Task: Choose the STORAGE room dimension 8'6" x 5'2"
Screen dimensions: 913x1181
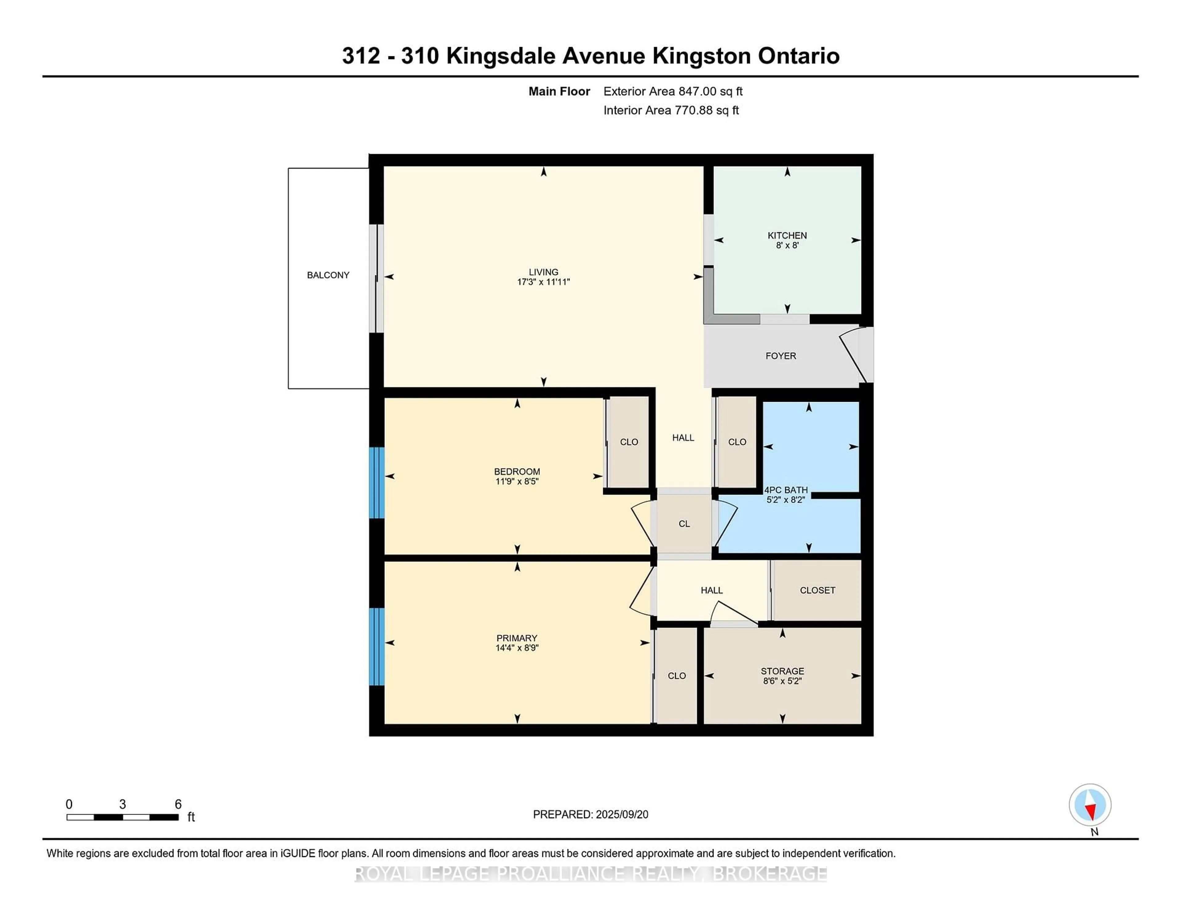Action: [x=782, y=681]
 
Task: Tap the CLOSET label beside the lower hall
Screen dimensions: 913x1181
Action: [x=817, y=590]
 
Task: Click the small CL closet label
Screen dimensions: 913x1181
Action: [x=684, y=524]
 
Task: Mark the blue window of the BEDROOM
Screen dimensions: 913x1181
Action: [x=377, y=482]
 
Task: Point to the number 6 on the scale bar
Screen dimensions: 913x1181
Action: [x=178, y=804]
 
